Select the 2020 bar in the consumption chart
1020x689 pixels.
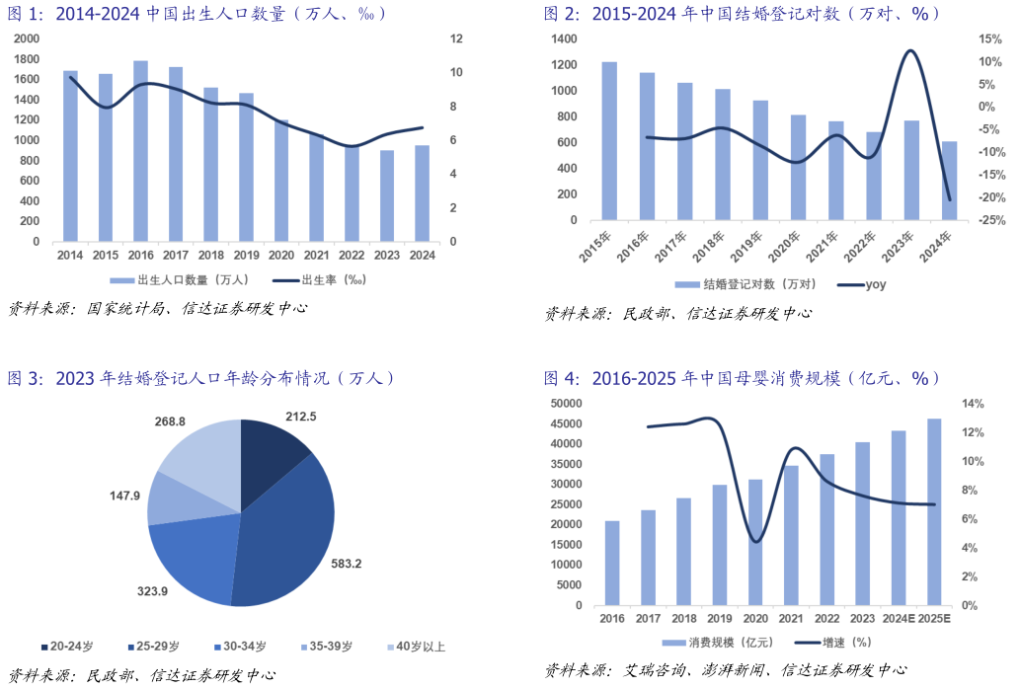tap(755, 542)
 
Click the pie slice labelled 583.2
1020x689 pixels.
tap(296, 523)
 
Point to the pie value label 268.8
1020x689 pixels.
tap(170, 421)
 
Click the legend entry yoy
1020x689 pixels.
tap(875, 285)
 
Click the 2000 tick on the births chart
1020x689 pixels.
tap(29, 38)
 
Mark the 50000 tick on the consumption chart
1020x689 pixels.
tap(566, 403)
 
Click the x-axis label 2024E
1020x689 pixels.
tap(899, 619)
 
